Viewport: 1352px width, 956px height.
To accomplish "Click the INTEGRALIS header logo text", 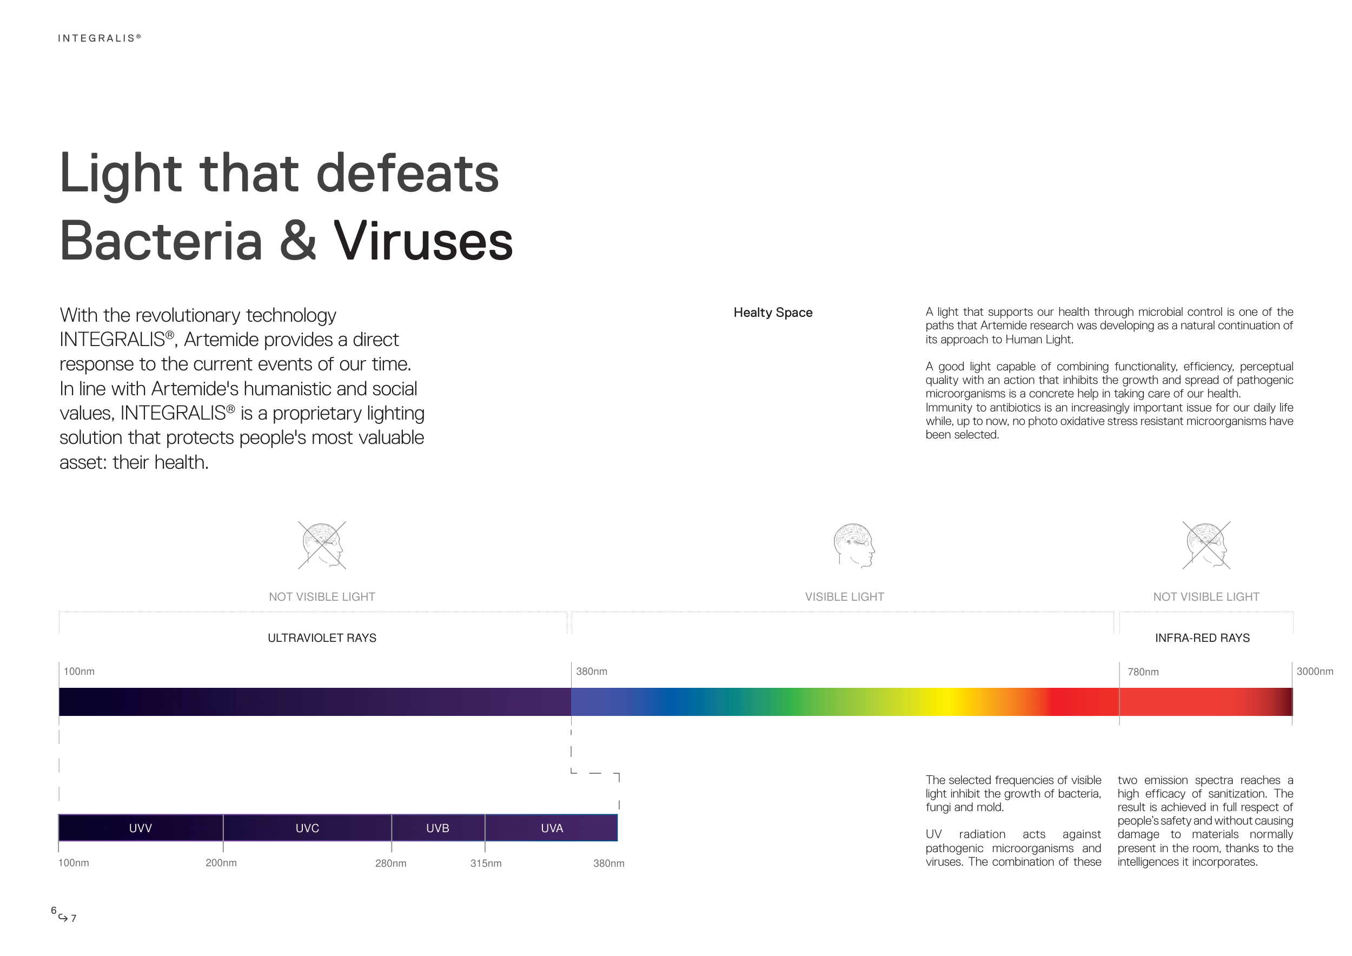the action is (100, 38).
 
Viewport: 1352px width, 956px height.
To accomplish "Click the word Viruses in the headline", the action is (423, 241).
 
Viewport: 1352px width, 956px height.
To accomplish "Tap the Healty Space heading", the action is (773, 313).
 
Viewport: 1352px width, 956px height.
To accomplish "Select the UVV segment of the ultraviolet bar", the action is (141, 828).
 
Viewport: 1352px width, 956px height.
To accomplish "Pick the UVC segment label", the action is (307, 828).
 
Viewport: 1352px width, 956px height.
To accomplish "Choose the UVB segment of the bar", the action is (438, 828).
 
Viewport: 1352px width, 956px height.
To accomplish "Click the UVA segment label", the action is (552, 828).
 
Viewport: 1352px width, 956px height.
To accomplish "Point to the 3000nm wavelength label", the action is (1315, 671).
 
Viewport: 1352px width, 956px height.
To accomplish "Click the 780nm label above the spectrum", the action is (1143, 672).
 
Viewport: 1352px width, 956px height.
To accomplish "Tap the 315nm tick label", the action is (486, 864).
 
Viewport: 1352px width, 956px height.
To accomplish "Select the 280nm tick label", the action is (390, 864).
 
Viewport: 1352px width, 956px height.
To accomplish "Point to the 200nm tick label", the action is (221, 863).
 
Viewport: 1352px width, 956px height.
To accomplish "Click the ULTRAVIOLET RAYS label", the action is (322, 638).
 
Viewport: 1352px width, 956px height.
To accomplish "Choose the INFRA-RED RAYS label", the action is (1202, 638).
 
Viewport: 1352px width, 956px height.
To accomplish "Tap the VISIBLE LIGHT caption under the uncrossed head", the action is (844, 597).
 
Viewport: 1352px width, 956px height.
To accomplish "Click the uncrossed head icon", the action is (854, 546).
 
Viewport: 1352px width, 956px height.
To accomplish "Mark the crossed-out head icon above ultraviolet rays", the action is (322, 545).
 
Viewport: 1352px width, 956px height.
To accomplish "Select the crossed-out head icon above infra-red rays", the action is (1207, 545).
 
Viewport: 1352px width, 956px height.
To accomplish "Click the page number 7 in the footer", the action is (73, 918).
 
